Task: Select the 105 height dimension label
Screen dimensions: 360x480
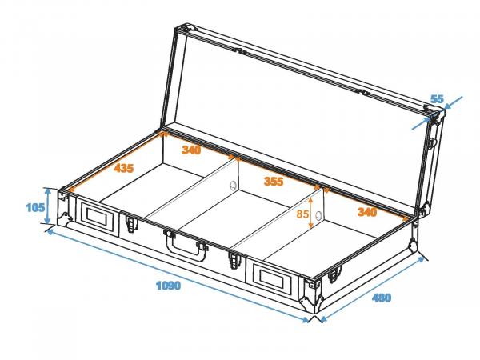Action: [34, 208]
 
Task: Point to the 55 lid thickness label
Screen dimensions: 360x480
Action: [437, 98]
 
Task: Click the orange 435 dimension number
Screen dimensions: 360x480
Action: [124, 169]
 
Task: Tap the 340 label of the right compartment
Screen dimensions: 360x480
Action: [366, 212]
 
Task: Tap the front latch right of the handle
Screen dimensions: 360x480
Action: [234, 259]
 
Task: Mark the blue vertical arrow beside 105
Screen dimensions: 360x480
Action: [49, 206]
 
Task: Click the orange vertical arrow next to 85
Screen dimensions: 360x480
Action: [311, 214]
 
